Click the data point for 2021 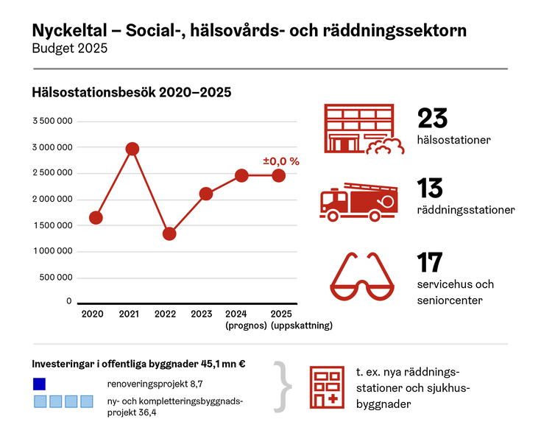(132, 149)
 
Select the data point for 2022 (169, 233)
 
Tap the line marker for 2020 (96, 217)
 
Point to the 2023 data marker (206, 194)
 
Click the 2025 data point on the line (279, 175)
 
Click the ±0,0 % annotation (281, 161)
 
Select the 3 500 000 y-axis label (53, 121)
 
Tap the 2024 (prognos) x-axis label (241, 320)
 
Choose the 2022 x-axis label (166, 314)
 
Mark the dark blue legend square (40, 384)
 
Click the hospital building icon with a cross (328, 387)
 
